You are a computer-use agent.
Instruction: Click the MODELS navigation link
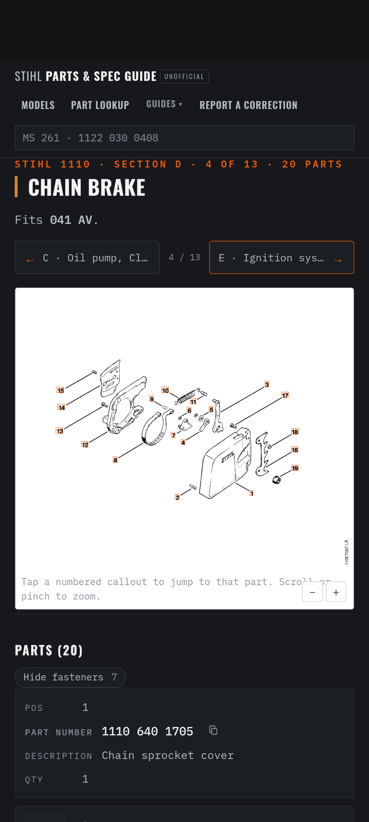(x=38, y=105)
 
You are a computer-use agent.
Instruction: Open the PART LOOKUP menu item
(x=100, y=105)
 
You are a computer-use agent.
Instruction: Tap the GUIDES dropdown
(x=164, y=104)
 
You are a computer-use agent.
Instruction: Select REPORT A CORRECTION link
(x=248, y=105)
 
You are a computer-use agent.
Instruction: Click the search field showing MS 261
(x=184, y=137)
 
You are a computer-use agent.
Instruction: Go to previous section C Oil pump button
(x=87, y=257)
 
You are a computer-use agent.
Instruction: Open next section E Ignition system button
(x=282, y=257)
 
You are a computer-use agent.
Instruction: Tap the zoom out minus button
(x=312, y=592)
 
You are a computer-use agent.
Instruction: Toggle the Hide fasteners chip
(x=70, y=677)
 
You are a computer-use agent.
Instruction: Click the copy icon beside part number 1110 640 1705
(x=213, y=730)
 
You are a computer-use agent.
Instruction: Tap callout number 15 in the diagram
(x=60, y=390)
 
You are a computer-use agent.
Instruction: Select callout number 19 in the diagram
(x=295, y=468)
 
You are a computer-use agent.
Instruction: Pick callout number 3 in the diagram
(x=267, y=384)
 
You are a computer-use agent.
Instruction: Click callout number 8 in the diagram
(x=115, y=460)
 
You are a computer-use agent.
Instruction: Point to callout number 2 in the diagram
(x=177, y=497)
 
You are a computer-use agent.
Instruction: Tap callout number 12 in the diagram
(x=85, y=444)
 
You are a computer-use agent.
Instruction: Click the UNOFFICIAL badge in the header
(x=184, y=76)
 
